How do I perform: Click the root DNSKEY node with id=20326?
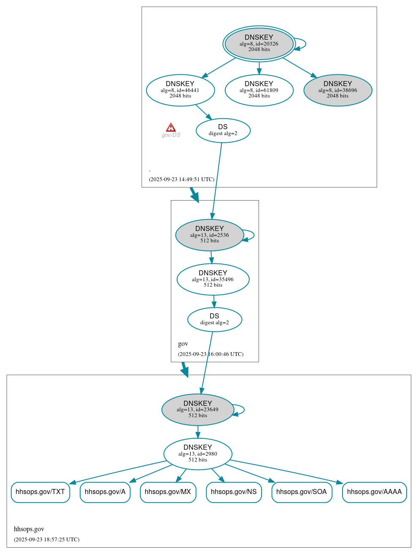259,43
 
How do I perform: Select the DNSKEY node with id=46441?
180,90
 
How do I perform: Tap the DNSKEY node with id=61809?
259,90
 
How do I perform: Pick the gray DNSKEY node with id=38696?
337,90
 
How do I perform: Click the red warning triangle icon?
170,128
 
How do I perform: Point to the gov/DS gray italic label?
171,135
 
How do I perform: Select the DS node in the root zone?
223,130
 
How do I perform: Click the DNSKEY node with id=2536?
209,235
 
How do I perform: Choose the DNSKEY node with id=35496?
213,279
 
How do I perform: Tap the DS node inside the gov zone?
214,320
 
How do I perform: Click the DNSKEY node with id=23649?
197,410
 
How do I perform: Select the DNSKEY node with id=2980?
197,454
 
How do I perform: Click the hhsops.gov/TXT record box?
40,492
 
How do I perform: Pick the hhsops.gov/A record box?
105,492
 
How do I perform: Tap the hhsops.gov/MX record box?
168,492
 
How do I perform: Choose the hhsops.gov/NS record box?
234,492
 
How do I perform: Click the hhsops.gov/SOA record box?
302,492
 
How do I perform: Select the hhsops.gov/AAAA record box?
374,492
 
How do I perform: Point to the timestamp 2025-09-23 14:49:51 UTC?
181,179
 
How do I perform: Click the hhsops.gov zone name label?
29,529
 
